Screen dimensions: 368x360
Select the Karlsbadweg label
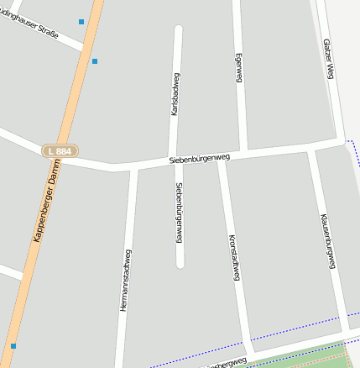[175, 93]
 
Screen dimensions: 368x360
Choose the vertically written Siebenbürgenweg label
[179, 213]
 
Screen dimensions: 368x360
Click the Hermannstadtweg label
[125, 281]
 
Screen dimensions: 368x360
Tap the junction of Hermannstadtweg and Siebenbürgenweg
[133, 167]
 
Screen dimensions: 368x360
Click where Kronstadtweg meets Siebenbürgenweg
[222, 160]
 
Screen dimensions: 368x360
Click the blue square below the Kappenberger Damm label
[13, 345]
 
